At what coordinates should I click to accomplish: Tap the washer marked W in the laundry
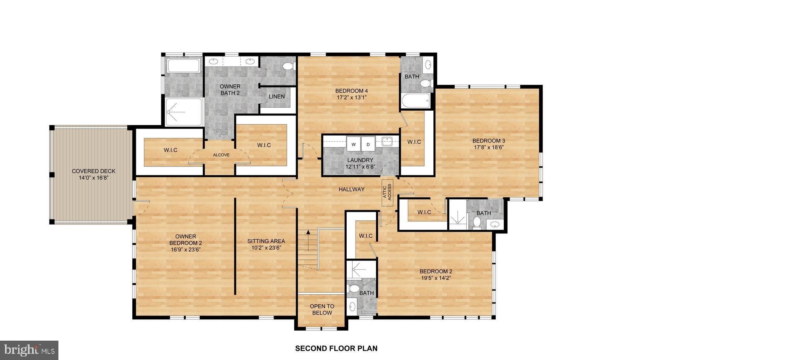point(353,144)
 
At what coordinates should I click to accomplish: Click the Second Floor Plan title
point(336,348)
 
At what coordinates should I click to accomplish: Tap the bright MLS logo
point(29,350)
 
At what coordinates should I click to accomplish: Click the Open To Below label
point(322,309)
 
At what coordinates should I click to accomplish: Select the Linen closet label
point(277,96)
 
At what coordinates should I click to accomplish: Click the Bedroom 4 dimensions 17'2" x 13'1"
point(351,98)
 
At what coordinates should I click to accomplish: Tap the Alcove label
point(221,155)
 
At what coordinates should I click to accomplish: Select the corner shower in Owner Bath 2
point(184,112)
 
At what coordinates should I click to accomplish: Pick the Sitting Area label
point(266,244)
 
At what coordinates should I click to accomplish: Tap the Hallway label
point(351,189)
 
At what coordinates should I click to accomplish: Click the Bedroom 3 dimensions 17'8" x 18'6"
point(489,147)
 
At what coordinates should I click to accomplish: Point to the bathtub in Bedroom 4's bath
point(416,101)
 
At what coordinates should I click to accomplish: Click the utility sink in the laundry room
point(387,141)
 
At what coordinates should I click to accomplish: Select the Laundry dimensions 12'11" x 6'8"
point(360,167)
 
